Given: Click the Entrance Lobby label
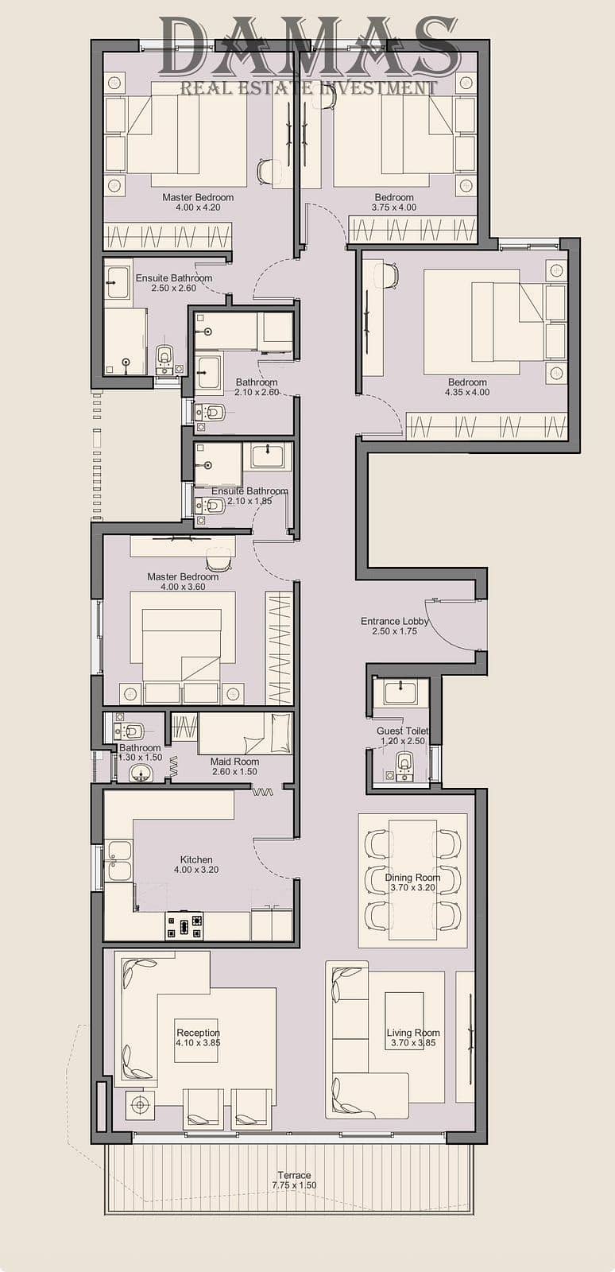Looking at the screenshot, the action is coord(394,621).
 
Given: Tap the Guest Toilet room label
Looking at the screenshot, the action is coord(402,731).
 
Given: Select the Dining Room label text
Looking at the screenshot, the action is coord(412,878).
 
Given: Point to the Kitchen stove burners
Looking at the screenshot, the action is coord(184,925).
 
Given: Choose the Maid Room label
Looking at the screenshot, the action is coord(234,762).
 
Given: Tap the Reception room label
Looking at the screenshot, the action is coord(198,1033).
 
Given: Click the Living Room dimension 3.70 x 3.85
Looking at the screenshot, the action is coord(412,1042).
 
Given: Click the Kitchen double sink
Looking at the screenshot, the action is coord(119,861).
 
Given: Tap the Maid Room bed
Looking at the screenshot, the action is coord(245,734).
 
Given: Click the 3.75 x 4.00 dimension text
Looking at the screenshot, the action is coord(394,207).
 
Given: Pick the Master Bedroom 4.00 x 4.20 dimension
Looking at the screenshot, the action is coord(198,207).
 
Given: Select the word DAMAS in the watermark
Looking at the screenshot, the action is coord(308,47).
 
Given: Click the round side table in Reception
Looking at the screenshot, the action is coord(140,1104).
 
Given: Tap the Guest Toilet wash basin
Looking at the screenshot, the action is coord(400,692).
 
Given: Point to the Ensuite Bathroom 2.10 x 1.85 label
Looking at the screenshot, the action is coord(249,496).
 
